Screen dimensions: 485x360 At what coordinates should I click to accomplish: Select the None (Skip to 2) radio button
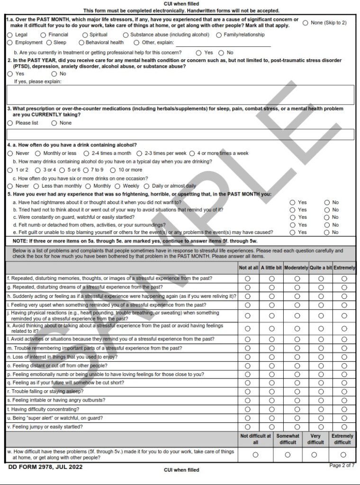click(x=305, y=23)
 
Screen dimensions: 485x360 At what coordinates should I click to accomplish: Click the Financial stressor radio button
click(x=43, y=35)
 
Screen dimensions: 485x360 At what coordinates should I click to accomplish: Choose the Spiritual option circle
click(x=85, y=35)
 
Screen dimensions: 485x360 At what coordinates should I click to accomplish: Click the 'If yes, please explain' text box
click(x=180, y=95)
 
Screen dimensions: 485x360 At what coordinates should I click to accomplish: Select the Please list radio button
click(x=10, y=123)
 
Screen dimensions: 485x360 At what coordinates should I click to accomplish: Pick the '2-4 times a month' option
click(x=86, y=153)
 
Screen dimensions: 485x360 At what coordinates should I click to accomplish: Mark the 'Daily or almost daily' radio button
click(x=146, y=186)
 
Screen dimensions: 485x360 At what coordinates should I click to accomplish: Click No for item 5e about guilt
click(x=327, y=233)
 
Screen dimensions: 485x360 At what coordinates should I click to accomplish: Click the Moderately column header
click(x=297, y=268)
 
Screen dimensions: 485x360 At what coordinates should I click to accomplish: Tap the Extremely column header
click(x=344, y=268)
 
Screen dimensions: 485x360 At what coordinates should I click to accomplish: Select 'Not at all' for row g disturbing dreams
click(x=248, y=287)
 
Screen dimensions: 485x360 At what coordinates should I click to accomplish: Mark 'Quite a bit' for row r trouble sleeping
click(x=321, y=392)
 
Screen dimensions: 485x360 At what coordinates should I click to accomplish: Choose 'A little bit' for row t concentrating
click(x=272, y=409)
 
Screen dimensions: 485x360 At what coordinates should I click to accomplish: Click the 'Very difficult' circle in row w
click(x=314, y=455)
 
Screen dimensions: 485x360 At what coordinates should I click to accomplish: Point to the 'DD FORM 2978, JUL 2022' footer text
click(x=45, y=467)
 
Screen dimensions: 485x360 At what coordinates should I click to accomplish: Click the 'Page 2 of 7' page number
click(x=342, y=466)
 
